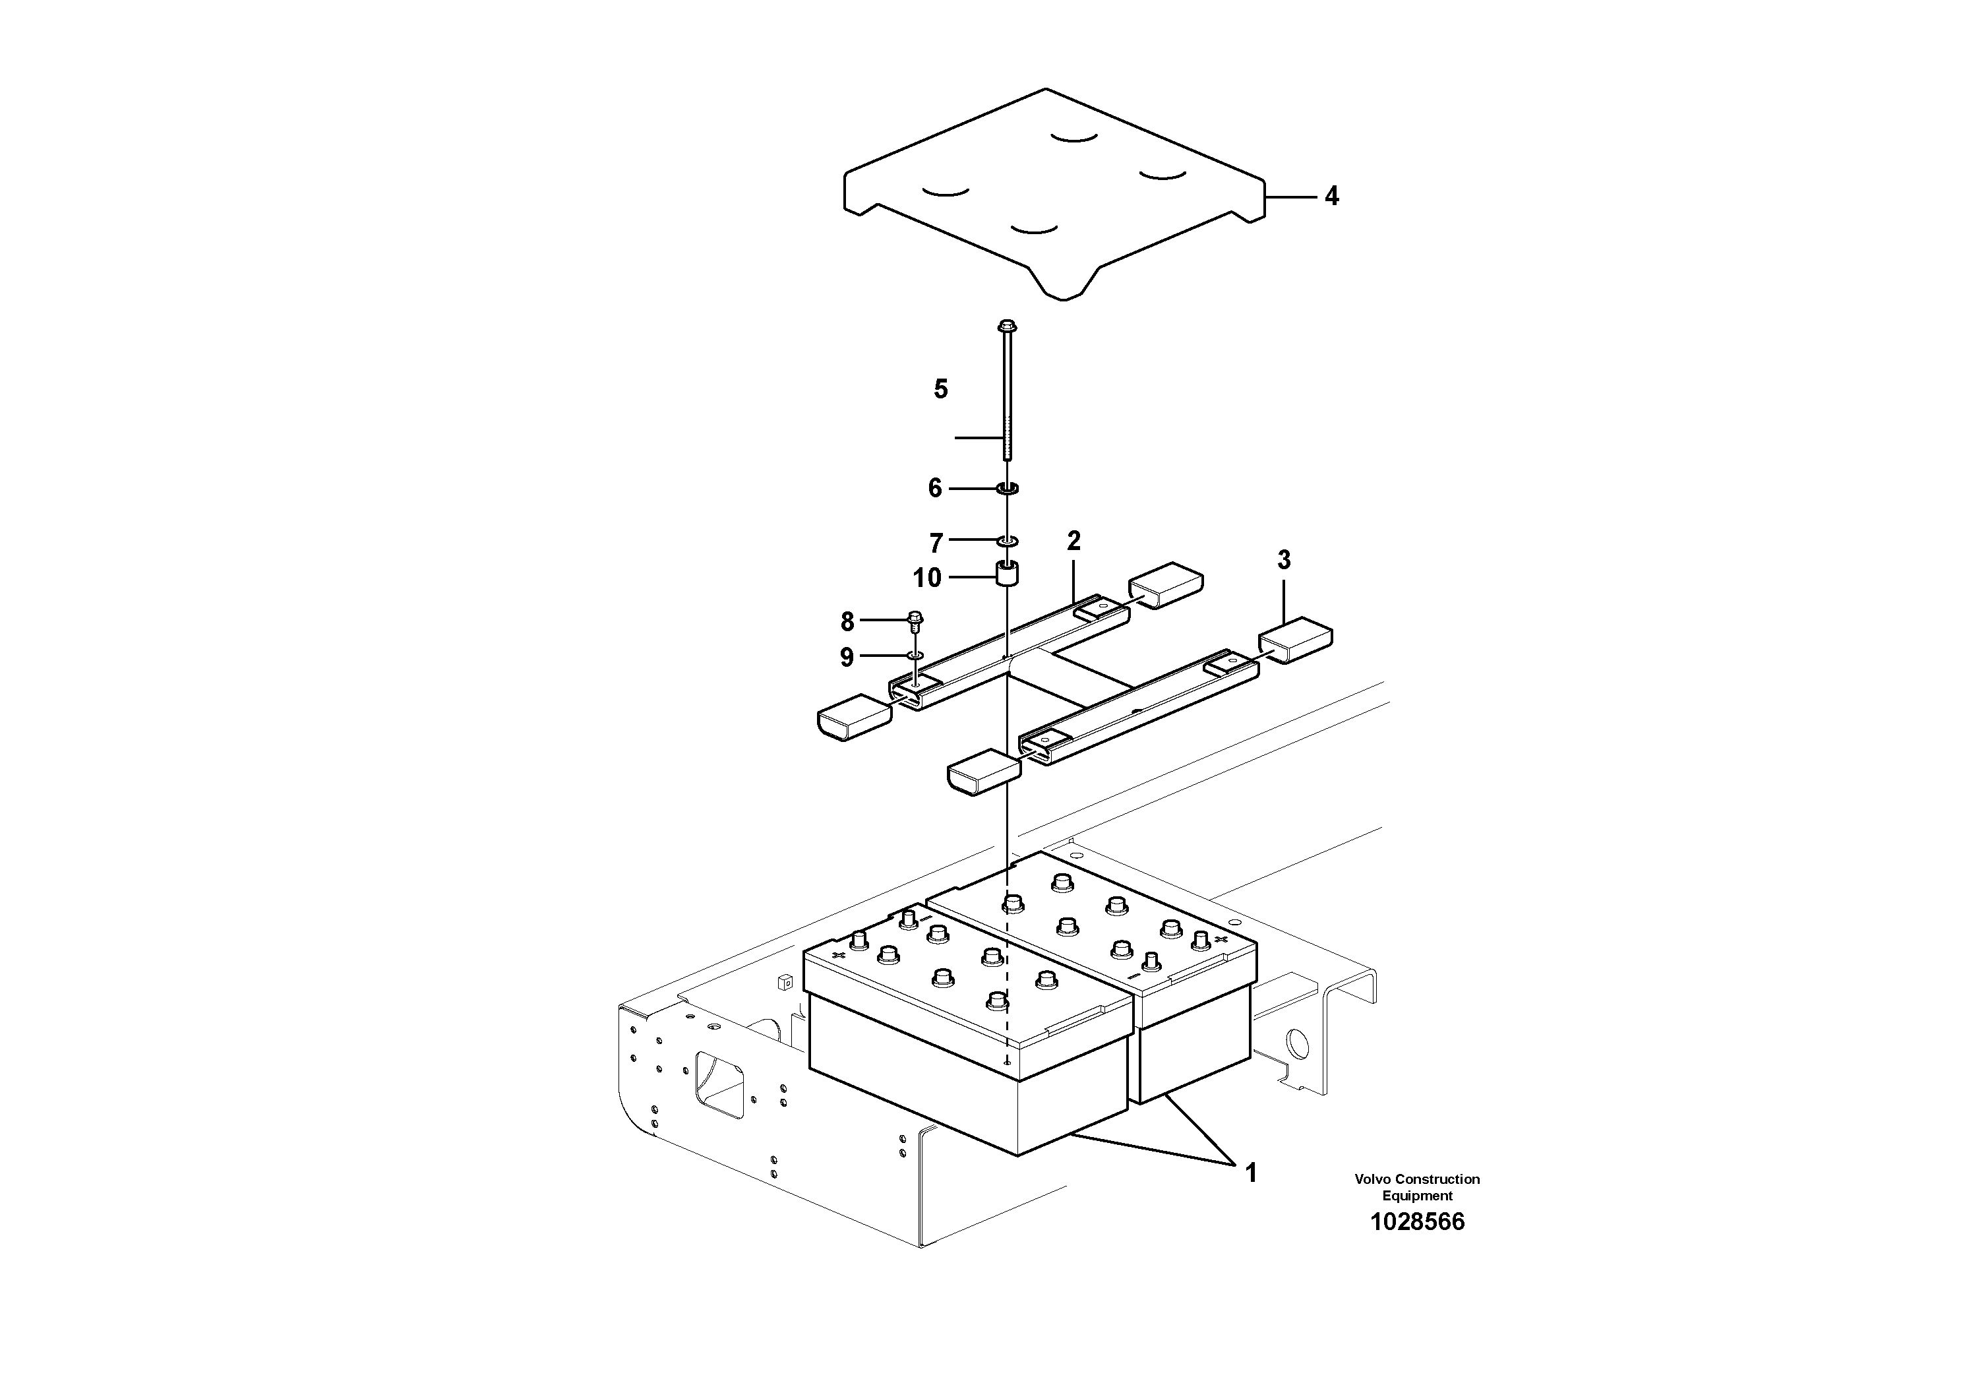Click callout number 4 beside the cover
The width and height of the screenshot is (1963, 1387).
coord(1331,197)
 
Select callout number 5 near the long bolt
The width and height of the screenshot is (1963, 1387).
coord(940,390)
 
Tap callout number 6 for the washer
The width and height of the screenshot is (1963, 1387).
coord(935,488)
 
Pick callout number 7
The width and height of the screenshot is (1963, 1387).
coord(936,543)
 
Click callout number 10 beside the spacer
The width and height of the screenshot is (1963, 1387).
coord(927,578)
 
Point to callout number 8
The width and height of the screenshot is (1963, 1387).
coord(847,622)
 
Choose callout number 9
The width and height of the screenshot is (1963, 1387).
coord(847,658)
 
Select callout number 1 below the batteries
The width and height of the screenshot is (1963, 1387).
coord(1251,1173)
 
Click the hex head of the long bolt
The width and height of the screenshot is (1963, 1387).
coord(1007,326)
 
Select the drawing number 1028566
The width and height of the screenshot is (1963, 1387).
coord(1416,1221)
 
